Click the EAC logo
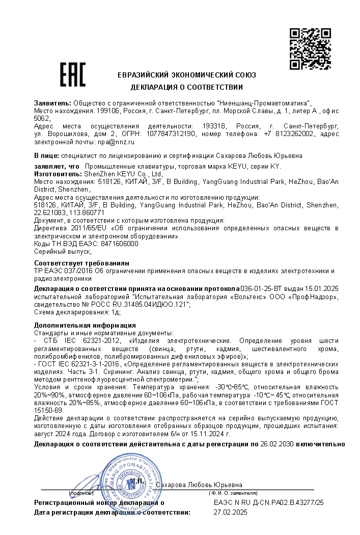[73, 74]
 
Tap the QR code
[309, 49]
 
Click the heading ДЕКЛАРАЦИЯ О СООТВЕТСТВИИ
[187, 87]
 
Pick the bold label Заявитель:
[52, 103]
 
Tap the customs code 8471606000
[120, 244]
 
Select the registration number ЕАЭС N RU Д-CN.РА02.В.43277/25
[269, 503]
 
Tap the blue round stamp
[127, 485]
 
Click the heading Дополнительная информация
[85, 325]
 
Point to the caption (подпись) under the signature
[81, 493]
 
